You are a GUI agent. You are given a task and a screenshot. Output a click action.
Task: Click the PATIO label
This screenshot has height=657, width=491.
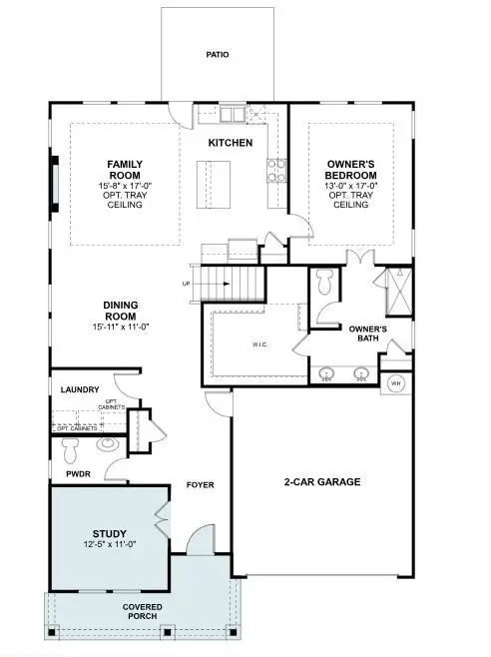click(218, 55)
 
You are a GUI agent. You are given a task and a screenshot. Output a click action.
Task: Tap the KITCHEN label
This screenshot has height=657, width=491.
click(230, 143)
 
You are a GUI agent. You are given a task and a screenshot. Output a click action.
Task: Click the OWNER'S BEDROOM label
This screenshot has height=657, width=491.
click(349, 167)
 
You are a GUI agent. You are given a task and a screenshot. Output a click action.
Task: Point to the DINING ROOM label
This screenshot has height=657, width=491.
click(120, 310)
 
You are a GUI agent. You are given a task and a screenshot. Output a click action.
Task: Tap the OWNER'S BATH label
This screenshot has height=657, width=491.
click(367, 333)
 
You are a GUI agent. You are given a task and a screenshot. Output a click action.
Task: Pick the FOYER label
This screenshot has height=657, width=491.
click(201, 486)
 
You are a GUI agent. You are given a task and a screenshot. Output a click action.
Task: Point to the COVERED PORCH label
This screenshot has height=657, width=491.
click(143, 612)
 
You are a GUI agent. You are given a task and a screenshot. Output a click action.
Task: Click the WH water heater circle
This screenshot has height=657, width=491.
click(394, 382)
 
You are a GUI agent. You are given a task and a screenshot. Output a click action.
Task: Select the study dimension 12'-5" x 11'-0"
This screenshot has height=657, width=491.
click(110, 545)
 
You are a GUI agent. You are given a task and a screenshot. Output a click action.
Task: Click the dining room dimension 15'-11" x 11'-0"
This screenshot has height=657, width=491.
click(120, 328)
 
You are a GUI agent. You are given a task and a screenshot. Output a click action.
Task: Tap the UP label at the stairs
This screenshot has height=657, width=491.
click(186, 284)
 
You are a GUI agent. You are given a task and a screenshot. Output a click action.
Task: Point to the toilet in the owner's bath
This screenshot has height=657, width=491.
click(323, 283)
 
